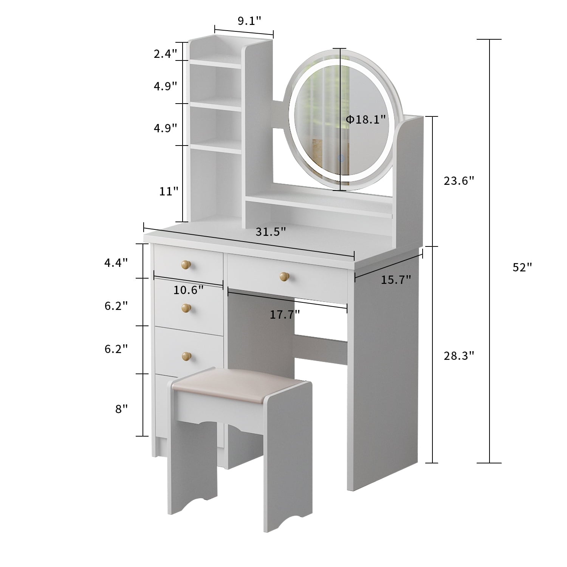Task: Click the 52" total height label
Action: click(522, 267)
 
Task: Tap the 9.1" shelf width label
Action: click(249, 21)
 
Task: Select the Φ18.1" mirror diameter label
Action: click(366, 119)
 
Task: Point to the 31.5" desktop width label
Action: click(271, 231)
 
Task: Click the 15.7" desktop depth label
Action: click(396, 280)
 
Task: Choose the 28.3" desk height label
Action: click(459, 356)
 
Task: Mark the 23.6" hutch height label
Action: click(459, 181)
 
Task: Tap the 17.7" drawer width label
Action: click(285, 314)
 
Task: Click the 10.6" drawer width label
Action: click(188, 290)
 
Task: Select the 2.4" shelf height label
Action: click(165, 54)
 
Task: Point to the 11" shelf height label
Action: click(169, 191)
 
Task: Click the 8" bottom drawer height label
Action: click(121, 409)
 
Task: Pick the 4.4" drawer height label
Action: click(116, 263)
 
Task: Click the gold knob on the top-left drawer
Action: click(185, 265)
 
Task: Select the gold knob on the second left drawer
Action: click(185, 308)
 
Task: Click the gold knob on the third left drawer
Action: click(186, 356)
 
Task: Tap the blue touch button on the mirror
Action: click(341, 158)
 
